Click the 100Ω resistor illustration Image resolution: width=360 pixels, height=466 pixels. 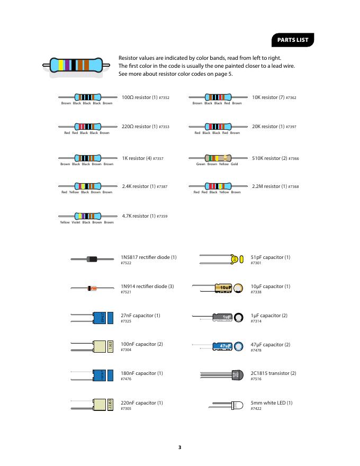tap(88, 97)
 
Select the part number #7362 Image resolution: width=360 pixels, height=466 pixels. tap(291, 98)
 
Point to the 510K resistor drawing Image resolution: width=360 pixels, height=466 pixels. tap(218, 158)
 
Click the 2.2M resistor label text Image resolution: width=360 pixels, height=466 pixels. tap(269, 186)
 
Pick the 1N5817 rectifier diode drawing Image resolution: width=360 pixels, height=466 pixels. tap(92, 258)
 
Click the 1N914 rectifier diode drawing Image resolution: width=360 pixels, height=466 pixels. tap(92, 288)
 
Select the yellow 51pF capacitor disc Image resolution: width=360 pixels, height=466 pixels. tap(235, 259)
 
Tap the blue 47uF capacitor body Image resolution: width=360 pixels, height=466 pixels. tap(222, 346)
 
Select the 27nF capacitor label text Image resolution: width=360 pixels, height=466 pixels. tap(140, 315)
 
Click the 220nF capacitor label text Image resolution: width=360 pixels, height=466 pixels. tap(141, 402)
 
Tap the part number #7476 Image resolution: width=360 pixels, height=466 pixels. tap(126, 379)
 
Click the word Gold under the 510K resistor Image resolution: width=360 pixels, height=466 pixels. tap(234, 164)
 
